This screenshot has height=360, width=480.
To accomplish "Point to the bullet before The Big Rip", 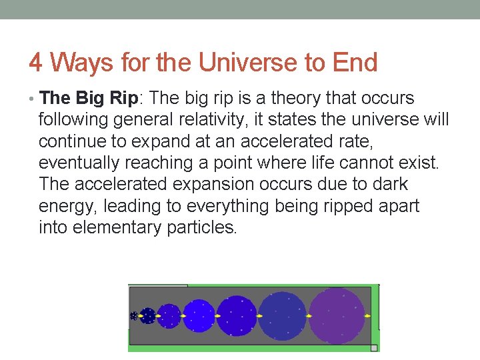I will pos(33,99).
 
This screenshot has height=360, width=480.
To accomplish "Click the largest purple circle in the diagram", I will pos(337,315).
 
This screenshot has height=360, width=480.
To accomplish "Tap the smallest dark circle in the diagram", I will pos(134,316).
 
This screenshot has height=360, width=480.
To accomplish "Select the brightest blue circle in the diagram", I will pos(198,315).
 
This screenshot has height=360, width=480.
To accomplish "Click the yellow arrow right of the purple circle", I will pos(368,315).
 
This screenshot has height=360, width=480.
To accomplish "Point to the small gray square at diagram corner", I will pos(374,347).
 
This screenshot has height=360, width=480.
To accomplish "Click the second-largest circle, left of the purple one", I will pos(282,315).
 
